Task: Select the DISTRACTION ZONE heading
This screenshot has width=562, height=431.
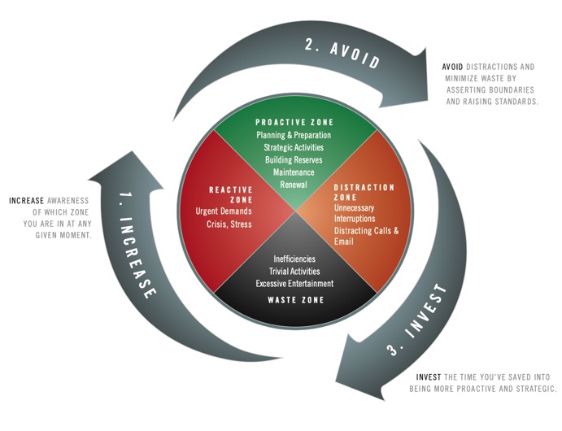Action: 364,193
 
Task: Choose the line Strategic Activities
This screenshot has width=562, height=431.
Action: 294,148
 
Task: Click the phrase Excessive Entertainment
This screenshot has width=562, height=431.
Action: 294,283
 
